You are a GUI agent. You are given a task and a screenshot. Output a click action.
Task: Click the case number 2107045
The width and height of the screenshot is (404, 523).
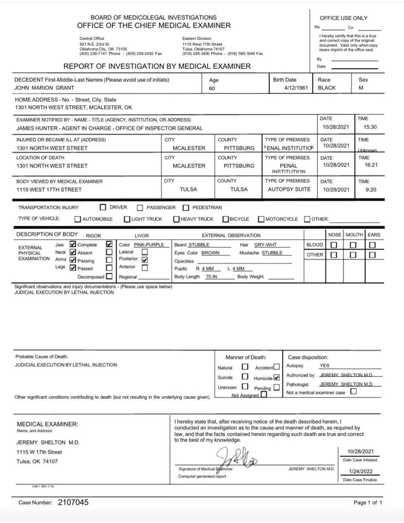pyautogui.click(x=73, y=502)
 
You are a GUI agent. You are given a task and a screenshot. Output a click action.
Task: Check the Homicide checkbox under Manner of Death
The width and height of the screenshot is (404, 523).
pyautogui.click(x=277, y=378)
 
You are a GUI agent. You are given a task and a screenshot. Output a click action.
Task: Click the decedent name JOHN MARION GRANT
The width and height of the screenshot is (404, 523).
pyautogui.click(x=44, y=88)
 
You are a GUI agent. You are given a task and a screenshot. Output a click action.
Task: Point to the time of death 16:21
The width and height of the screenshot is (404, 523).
pyautogui.click(x=371, y=165)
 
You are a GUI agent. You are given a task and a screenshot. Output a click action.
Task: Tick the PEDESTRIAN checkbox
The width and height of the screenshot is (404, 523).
pyautogui.click(x=186, y=208)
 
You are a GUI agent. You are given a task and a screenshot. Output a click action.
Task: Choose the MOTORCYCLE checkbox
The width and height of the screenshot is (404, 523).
pyautogui.click(x=261, y=219)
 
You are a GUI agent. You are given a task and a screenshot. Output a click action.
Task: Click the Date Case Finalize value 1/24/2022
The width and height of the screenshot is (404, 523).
pyautogui.click(x=361, y=472)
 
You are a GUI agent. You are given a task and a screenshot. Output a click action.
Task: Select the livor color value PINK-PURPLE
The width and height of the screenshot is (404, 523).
pyautogui.click(x=149, y=245)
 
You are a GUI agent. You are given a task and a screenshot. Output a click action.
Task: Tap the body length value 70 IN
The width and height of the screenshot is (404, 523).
pyautogui.click(x=211, y=277)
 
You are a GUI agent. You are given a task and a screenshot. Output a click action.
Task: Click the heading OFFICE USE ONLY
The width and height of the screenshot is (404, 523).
pyautogui.click(x=343, y=18)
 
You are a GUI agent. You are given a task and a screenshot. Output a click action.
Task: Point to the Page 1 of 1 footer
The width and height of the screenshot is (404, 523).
pyautogui.click(x=368, y=502)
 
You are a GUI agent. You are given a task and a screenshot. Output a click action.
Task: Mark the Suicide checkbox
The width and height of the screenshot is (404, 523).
pyautogui.click(x=245, y=377)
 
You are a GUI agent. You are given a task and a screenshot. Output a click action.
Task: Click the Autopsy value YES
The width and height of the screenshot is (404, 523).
pyautogui.click(x=325, y=365)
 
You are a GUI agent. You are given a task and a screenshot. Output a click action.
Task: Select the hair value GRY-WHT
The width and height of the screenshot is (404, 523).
pyautogui.click(x=265, y=245)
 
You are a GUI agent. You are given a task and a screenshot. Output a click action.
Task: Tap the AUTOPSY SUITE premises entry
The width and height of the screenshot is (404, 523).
pyautogui.click(x=289, y=189)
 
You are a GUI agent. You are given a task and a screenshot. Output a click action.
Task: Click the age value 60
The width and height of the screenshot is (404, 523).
pyautogui.click(x=212, y=89)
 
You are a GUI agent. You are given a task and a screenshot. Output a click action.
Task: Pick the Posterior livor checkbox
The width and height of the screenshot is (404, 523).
pyautogui.click(x=145, y=260)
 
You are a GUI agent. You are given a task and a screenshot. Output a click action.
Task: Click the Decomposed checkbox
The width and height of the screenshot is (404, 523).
pyautogui.click(x=109, y=276)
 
